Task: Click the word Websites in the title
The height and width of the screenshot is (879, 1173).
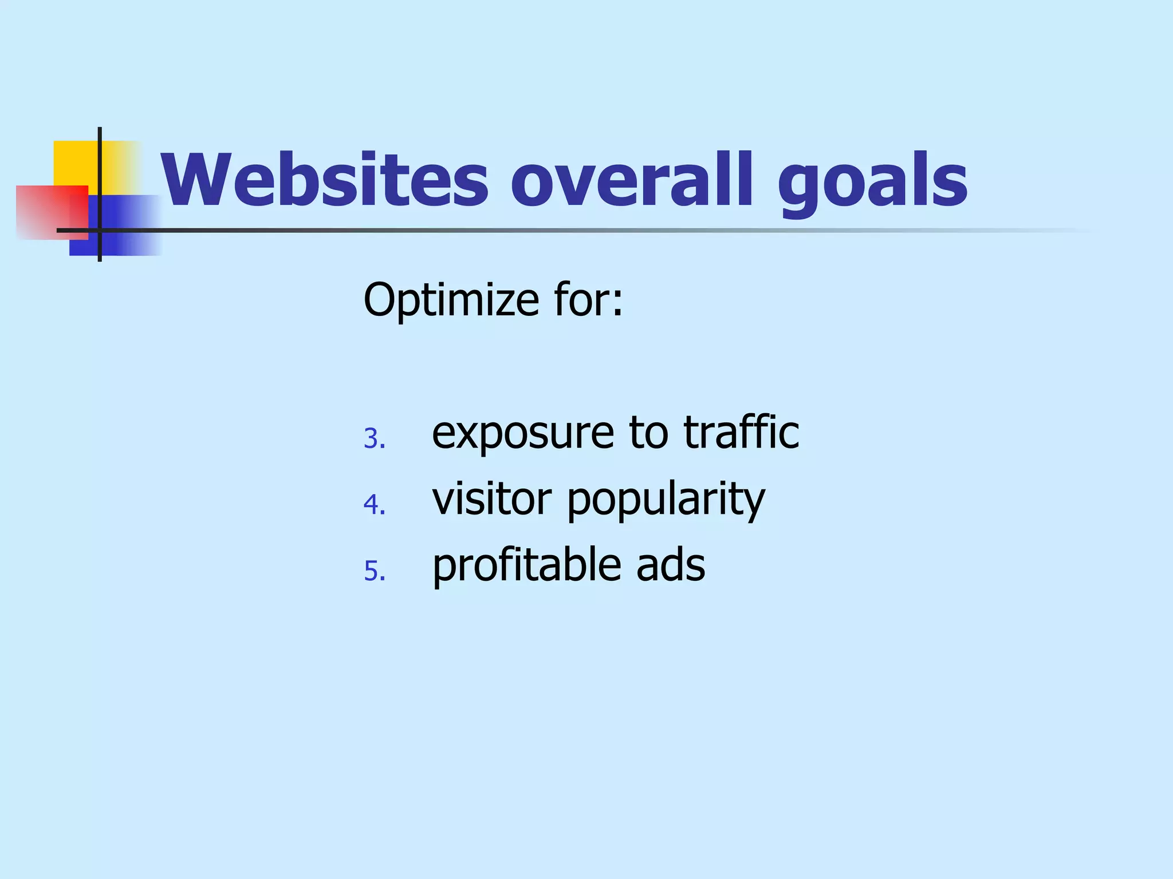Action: click(x=324, y=180)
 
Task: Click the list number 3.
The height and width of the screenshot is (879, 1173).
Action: click(x=374, y=439)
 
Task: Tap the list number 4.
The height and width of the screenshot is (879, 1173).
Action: click(x=374, y=505)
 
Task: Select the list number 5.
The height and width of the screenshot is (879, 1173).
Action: click(x=374, y=571)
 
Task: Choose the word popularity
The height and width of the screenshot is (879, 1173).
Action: click(x=666, y=501)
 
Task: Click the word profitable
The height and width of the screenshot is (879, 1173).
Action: click(x=526, y=565)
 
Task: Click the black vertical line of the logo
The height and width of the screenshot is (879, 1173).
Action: click(x=100, y=172)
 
